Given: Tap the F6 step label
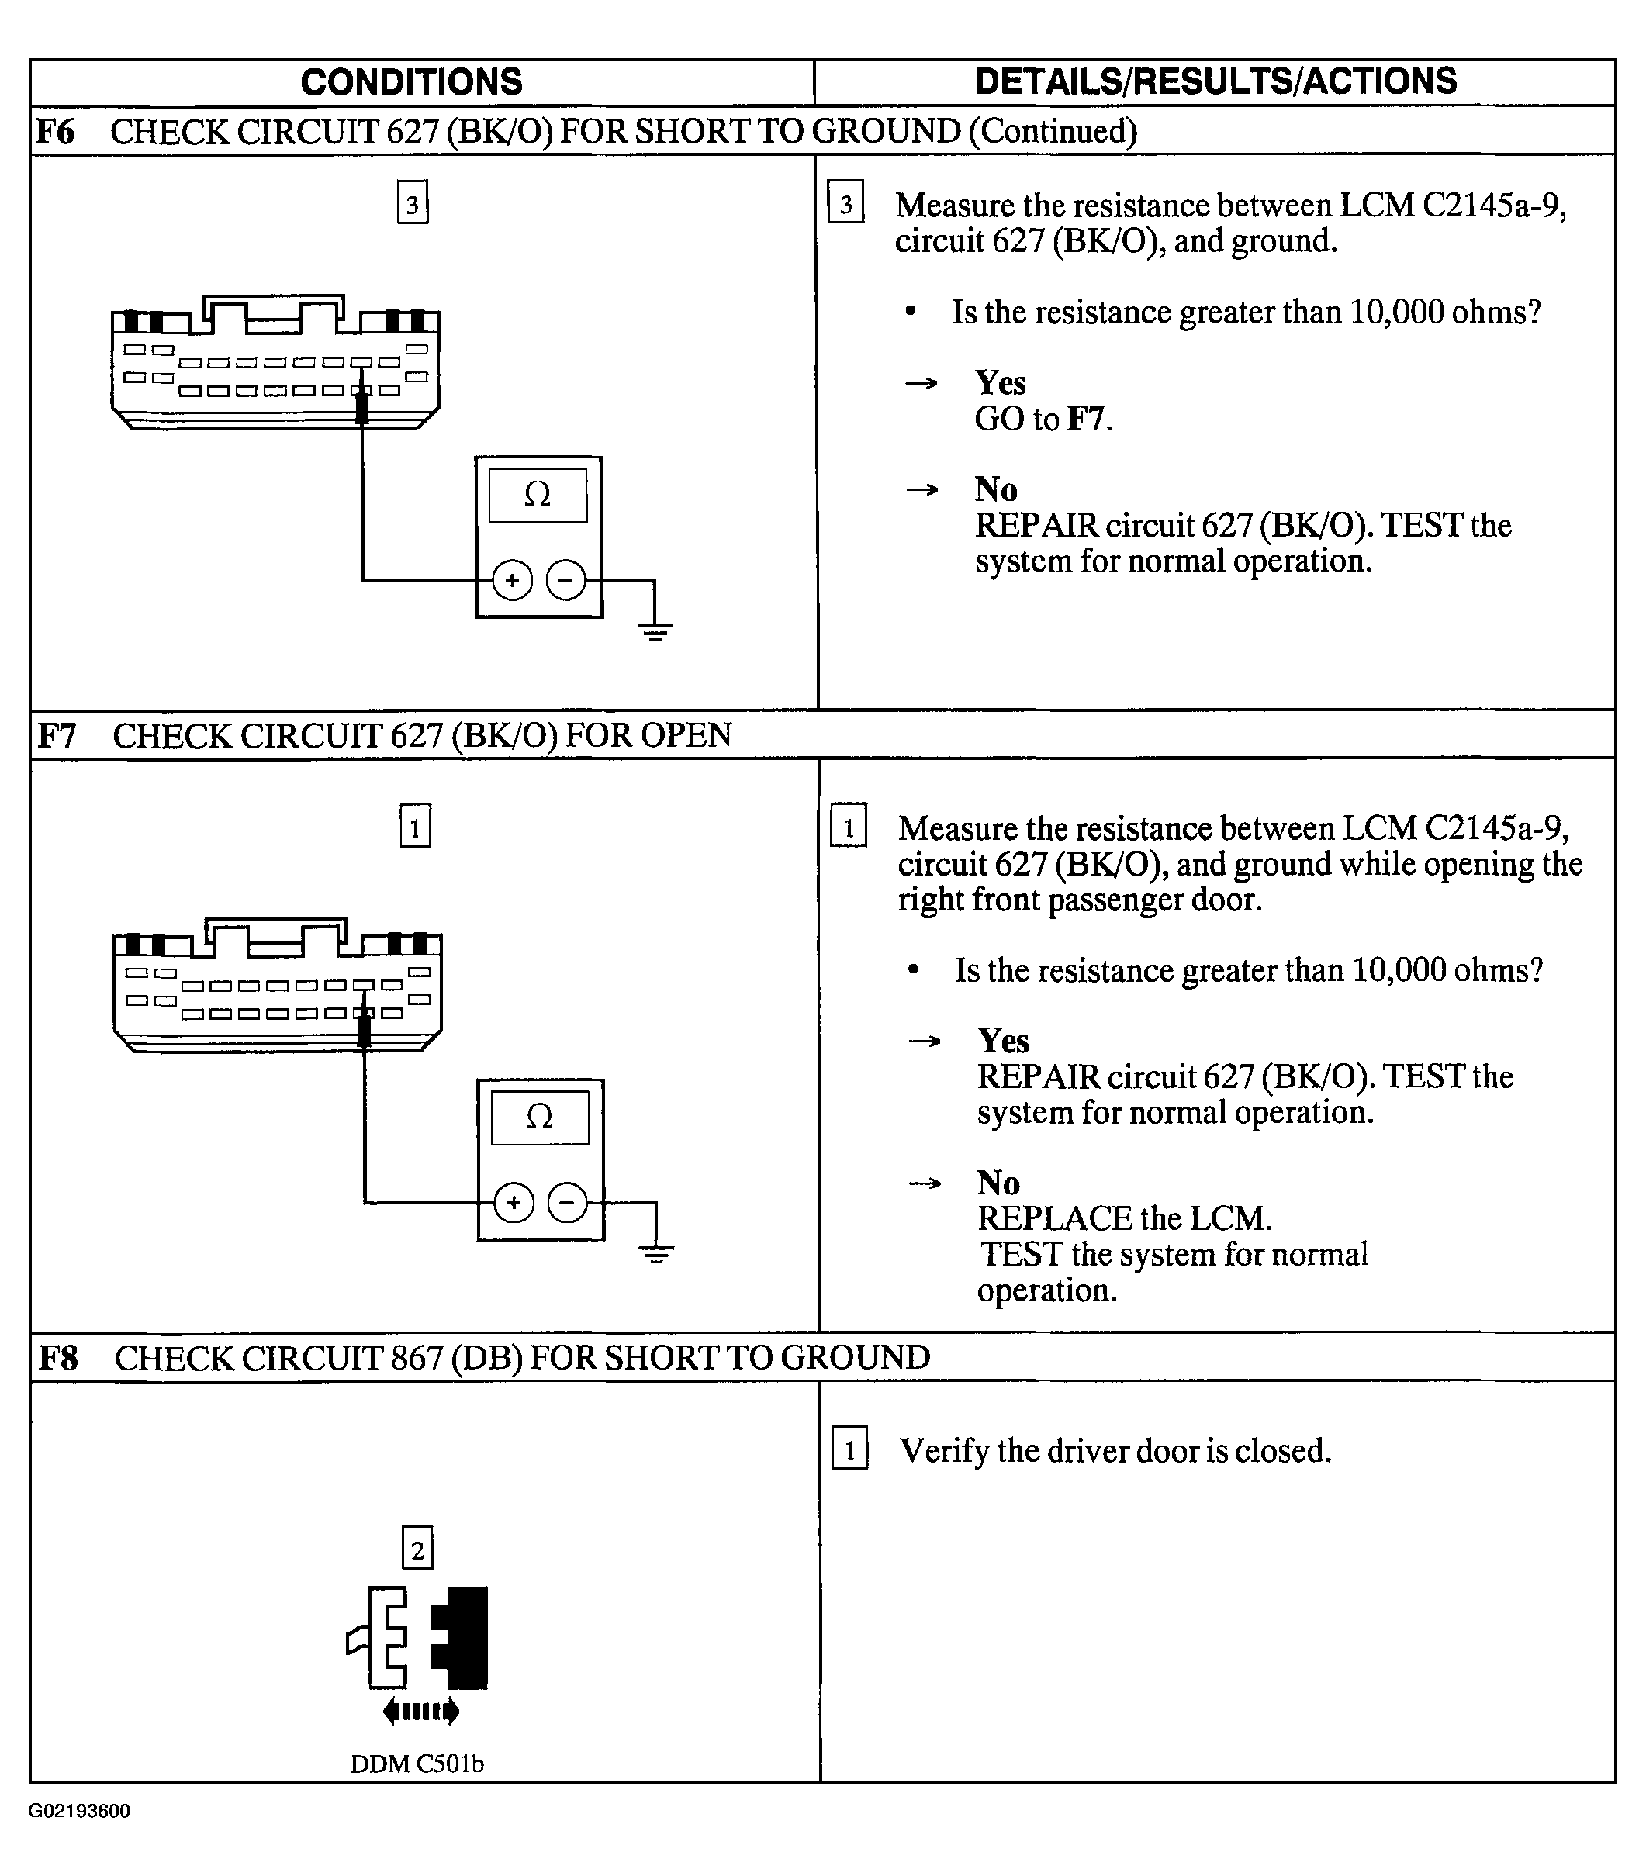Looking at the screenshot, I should [x=55, y=132].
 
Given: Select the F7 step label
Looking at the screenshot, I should [x=57, y=736].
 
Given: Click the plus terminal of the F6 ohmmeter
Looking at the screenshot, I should [x=512, y=580].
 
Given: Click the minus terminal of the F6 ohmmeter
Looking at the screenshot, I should [x=565, y=580].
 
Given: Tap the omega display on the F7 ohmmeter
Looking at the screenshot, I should [x=540, y=1118].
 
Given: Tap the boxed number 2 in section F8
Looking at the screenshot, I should [x=417, y=1550].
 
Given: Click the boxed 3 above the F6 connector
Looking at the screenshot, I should [x=412, y=204].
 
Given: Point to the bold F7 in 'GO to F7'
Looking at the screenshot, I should [x=1086, y=420].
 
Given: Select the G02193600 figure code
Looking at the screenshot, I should [x=79, y=1811].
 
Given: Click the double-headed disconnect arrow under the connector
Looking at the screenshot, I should [x=420, y=1711].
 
